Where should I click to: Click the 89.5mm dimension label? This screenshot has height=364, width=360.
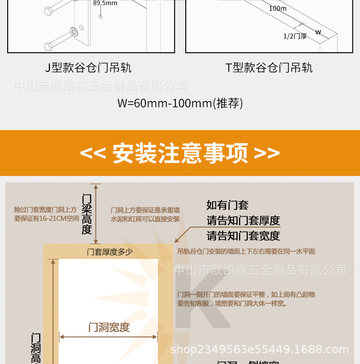coord(105,3)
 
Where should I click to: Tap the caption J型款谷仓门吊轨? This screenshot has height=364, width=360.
coord(88,68)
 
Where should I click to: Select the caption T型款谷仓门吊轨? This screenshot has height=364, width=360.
coord(269,68)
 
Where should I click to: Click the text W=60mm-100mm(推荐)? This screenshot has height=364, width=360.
coord(180,103)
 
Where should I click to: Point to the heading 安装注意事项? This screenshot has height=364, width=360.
coord(180,153)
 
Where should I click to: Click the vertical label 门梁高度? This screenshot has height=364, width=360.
coord(86,214)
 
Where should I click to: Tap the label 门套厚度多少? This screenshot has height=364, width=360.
coord(109,252)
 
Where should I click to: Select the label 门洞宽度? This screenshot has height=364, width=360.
coord(109,328)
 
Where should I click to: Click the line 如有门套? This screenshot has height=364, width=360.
coord(228,205)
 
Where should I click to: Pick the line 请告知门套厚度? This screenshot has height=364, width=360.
coord(243,221)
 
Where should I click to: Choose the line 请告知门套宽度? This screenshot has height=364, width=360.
coord(243,236)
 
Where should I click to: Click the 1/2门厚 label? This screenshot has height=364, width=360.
coord(295,36)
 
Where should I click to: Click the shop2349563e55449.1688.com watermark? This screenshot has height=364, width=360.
coord(259,350)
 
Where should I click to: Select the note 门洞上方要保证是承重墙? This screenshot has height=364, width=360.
coord(145,210)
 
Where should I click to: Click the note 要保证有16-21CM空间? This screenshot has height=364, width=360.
coord(47,219)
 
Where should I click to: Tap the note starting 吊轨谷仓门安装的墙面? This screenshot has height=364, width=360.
coord(246,251)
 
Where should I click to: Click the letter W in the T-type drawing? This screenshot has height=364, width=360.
coord(318,33)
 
